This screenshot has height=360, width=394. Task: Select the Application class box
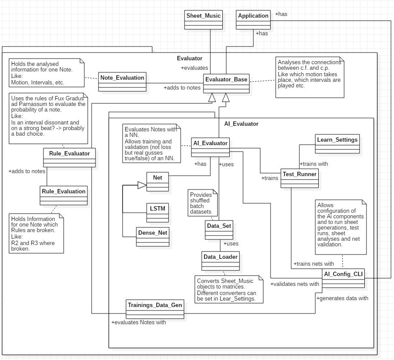coord(253,20)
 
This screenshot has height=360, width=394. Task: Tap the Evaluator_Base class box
coord(226,83)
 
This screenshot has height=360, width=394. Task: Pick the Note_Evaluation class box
coord(122,82)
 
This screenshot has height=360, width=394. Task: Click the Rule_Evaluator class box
coord(69,158)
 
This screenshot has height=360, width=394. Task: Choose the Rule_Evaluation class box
coord(64,196)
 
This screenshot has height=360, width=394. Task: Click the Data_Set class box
coord(219,230)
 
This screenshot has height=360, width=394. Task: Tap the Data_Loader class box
coord(221,261)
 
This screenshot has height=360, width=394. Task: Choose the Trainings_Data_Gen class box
coord(155,309)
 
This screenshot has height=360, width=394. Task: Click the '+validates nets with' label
coord(295,284)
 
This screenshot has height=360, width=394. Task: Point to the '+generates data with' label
coord(342,298)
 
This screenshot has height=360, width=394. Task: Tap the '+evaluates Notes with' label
coord(139,323)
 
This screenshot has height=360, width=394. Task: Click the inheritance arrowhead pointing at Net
coord(142,185)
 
